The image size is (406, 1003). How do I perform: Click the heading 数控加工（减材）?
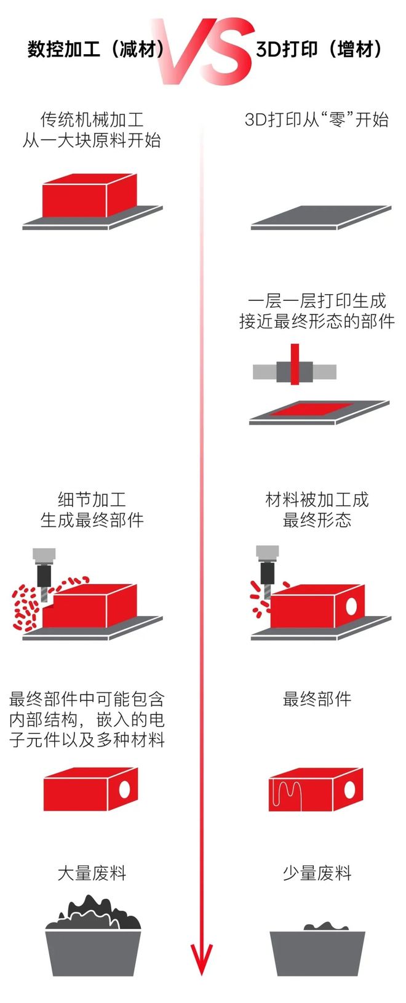[95, 49]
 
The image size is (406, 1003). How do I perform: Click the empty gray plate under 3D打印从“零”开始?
[320, 217]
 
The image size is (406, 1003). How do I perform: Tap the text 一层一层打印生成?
[317, 300]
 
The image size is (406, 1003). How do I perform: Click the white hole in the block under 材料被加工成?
[352, 606]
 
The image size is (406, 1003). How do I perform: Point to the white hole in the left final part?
[125, 788]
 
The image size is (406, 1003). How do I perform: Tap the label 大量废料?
[92, 873]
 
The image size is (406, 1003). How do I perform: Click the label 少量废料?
[317, 873]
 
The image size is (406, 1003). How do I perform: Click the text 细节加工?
[92, 499]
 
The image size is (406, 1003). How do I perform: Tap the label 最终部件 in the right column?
[317, 699]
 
